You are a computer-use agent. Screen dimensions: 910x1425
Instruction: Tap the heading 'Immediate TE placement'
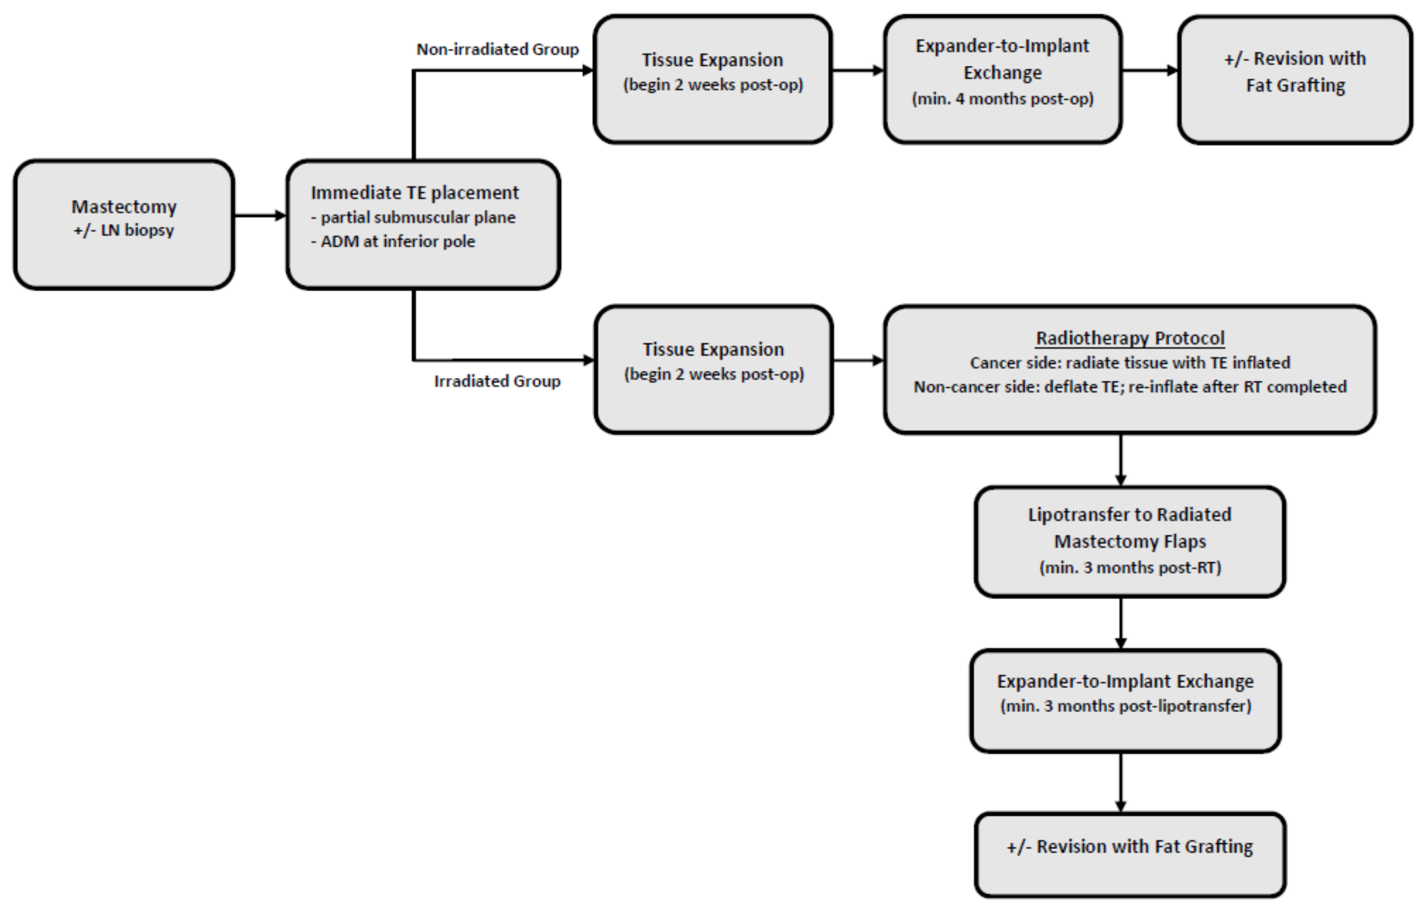[x=414, y=192]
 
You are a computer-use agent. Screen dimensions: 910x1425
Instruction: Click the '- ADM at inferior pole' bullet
[x=393, y=242]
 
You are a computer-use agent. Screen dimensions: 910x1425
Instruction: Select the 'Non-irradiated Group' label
[x=497, y=49]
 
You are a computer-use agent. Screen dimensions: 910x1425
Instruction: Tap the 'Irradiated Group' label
[x=497, y=381]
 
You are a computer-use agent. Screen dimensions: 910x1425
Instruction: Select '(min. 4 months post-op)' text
[x=1003, y=98]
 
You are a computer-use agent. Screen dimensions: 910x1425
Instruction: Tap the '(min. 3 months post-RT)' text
[x=1130, y=567]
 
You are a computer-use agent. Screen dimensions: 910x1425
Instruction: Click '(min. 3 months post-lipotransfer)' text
[x=1126, y=706]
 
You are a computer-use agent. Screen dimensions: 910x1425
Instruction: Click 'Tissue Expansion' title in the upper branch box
[x=712, y=60]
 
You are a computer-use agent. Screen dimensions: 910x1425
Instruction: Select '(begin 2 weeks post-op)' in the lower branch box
[x=714, y=374]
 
